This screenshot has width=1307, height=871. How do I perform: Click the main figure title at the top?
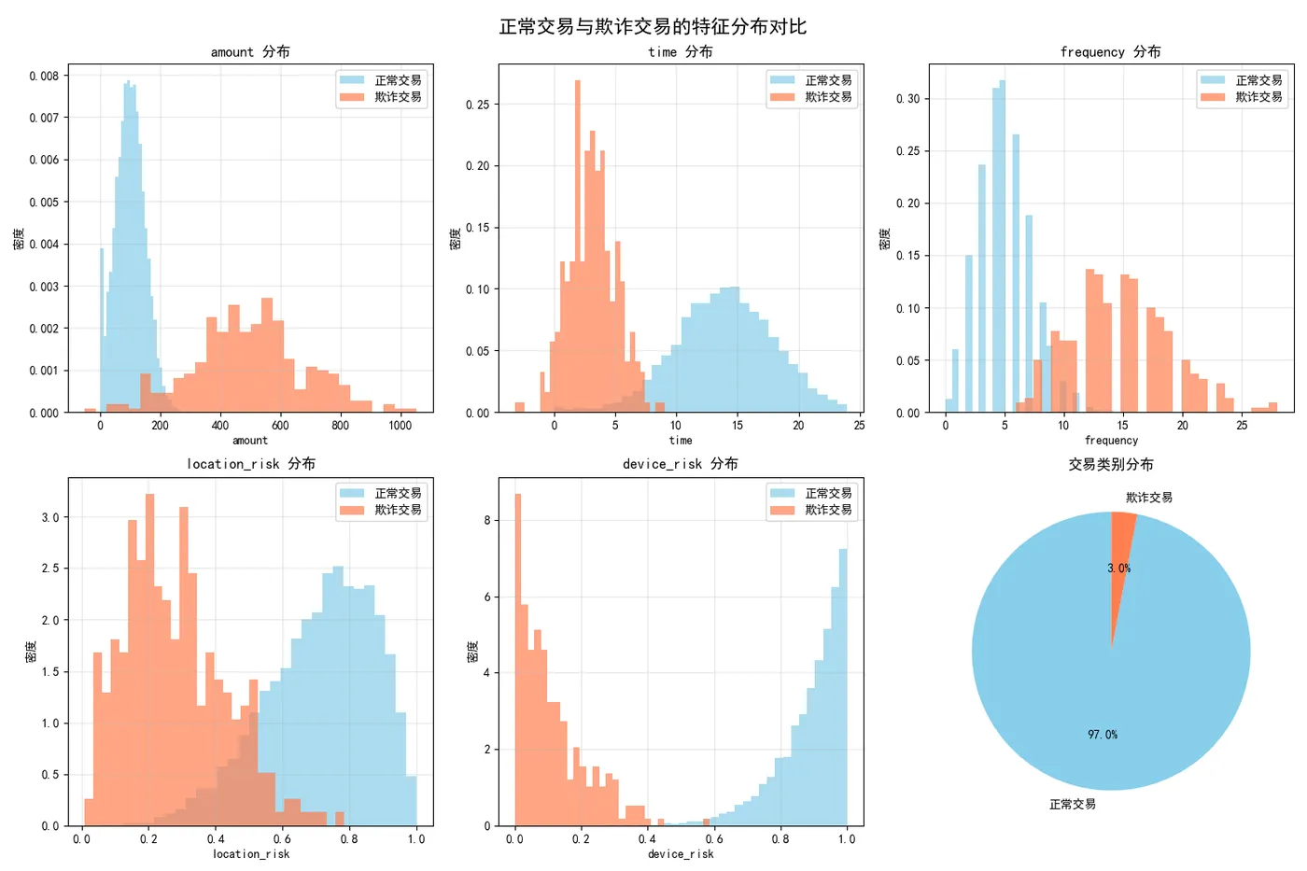tap(653, 26)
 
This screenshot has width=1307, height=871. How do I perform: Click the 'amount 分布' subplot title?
tap(250, 52)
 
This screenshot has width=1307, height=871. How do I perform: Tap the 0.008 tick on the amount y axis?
tap(43, 76)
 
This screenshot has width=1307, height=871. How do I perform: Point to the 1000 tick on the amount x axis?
tap(400, 426)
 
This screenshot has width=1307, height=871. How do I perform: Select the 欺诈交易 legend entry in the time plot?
tap(827, 97)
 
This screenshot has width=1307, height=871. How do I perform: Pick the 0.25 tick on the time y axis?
tap(477, 105)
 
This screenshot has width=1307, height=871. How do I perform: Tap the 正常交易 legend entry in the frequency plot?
tap(1258, 80)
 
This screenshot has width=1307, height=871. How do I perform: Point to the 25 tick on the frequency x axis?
tap(1242, 426)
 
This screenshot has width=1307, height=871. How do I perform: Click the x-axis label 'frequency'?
tap(1111, 441)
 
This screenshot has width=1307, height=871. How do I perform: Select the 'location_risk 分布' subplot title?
tap(250, 464)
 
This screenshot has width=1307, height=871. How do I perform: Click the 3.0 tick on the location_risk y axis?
tap(49, 517)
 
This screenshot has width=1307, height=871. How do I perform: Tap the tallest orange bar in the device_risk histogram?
tap(518, 653)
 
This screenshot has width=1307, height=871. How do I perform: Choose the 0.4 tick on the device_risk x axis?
tap(647, 839)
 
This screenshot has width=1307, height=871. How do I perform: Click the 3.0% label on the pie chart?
tap(1118, 569)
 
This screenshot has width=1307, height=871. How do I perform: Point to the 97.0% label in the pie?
tap(1103, 735)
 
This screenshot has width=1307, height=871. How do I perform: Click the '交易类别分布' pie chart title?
tap(1111, 464)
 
